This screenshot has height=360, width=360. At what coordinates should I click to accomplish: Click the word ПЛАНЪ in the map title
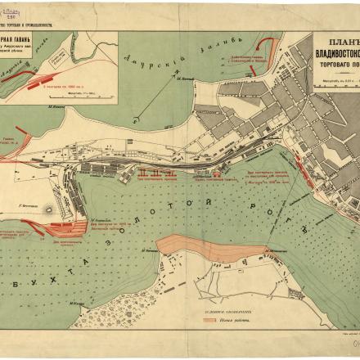pyautogui.click(x=343, y=43)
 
